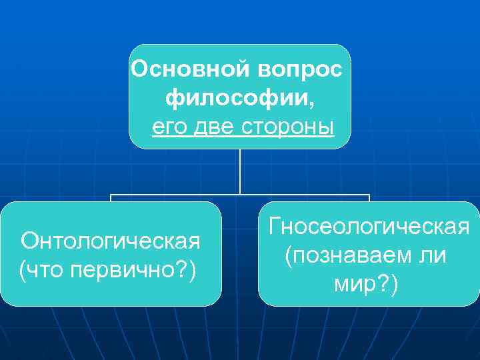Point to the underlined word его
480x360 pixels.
click(171, 126)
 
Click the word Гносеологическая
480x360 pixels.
click(369, 227)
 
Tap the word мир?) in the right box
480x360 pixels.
click(367, 285)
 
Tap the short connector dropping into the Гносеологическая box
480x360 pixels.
click(369, 198)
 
